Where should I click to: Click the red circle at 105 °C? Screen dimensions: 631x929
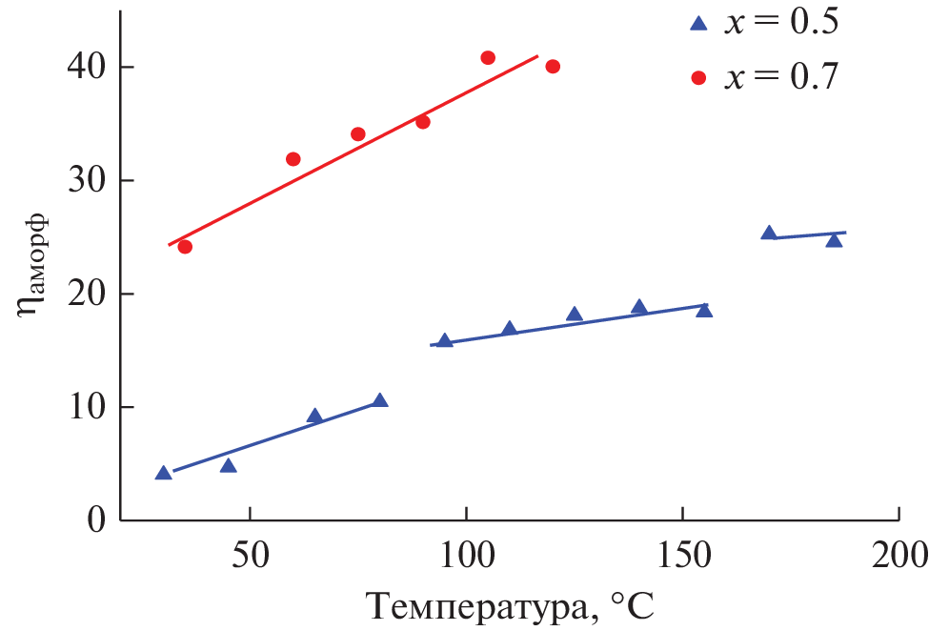pos(488,58)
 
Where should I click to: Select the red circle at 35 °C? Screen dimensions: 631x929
pos(185,247)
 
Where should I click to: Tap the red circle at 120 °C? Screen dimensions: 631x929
pos(553,67)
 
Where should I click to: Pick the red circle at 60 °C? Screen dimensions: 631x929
pos(293,159)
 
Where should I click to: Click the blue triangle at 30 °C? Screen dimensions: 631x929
pos(163,474)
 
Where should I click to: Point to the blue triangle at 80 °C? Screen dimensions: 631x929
pos(380,401)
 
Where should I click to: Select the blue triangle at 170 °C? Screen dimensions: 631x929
pos(769,234)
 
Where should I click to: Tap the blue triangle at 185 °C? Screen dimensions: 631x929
pos(834,240)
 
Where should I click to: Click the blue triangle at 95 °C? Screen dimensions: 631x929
pos(444,341)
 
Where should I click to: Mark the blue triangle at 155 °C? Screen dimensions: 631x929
pos(704,310)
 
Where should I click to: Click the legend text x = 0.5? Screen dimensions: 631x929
pos(781,24)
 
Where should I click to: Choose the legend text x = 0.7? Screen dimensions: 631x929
pos(781,77)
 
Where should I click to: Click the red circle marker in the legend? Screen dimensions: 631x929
pos(698,78)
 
